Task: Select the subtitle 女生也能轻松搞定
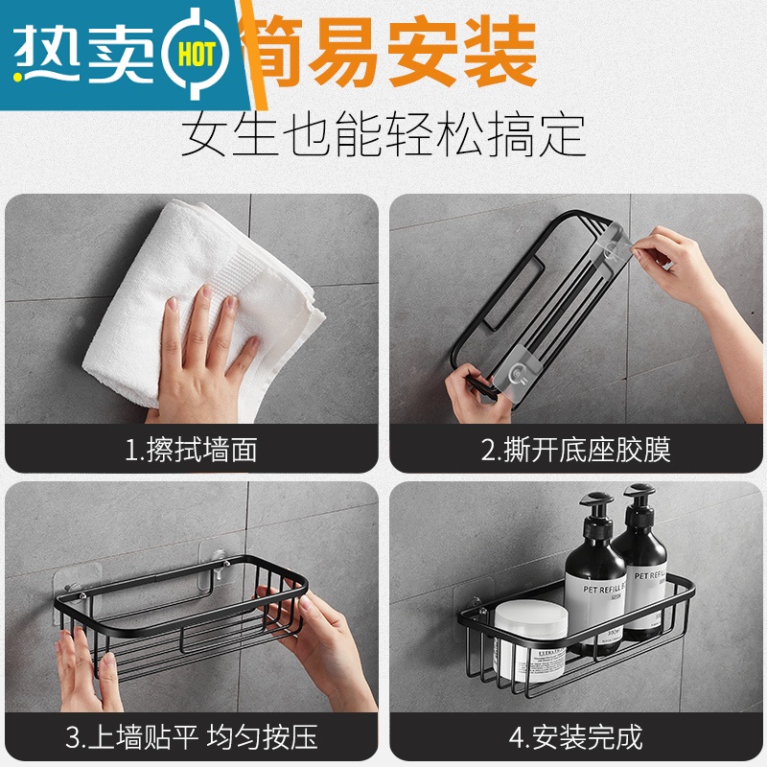tap(383, 134)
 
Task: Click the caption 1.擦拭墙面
tap(191, 449)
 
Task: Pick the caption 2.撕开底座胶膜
tap(575, 449)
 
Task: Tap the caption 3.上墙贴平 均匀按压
tap(191, 737)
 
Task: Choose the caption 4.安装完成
tap(575, 737)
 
